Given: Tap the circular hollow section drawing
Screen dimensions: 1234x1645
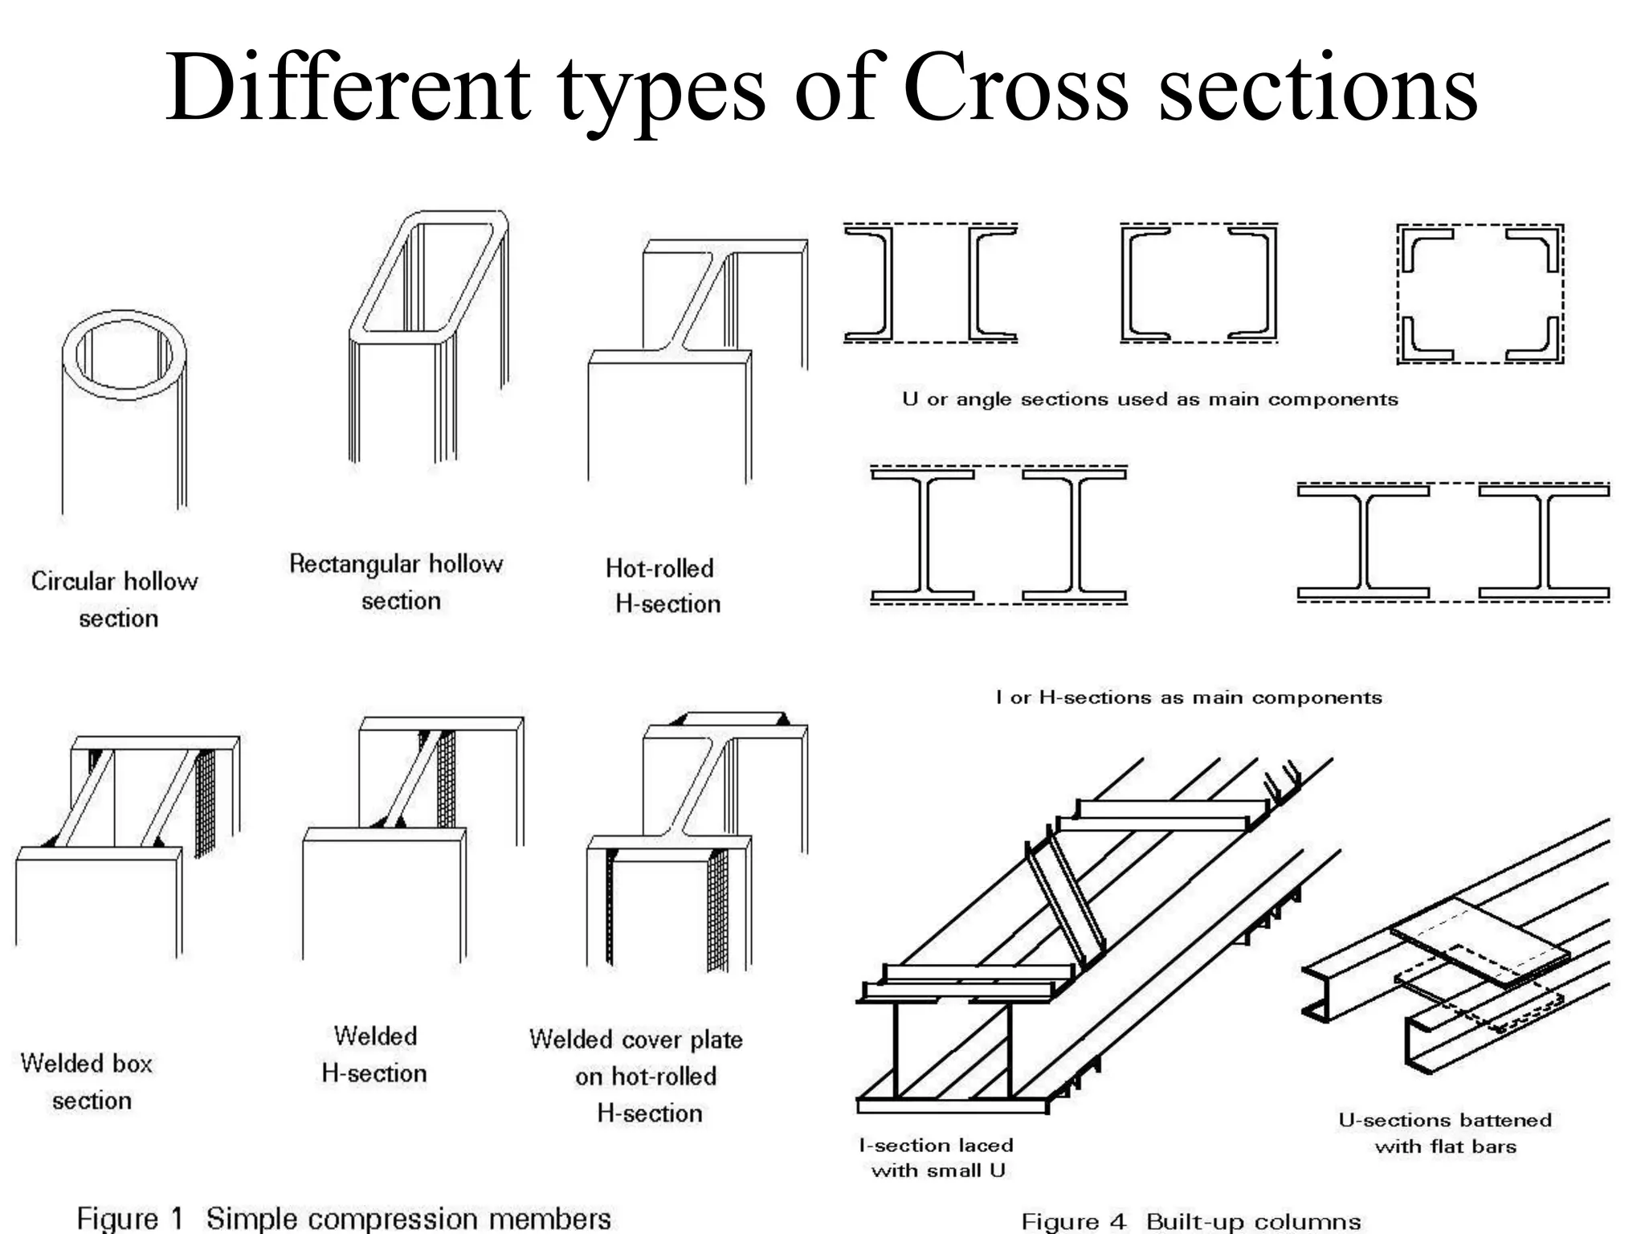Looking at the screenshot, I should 124,410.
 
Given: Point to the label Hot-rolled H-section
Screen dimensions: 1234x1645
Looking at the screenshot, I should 663,586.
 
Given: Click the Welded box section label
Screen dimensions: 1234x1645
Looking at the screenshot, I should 88,1081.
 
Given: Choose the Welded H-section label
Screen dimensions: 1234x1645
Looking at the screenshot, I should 374,1054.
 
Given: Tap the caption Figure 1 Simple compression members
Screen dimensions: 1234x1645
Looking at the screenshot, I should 344,1218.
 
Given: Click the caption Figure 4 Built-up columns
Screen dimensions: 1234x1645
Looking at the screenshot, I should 1190,1221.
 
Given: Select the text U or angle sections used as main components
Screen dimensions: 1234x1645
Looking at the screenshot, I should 1149,399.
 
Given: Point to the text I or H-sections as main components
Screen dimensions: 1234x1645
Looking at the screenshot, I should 1188,697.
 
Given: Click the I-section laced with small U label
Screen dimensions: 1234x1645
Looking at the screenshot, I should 937,1157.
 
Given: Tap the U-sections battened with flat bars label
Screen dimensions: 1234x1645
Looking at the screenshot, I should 1445,1133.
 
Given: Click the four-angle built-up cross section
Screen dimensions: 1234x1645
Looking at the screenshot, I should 1480,294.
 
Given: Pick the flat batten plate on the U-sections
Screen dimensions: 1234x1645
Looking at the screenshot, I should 1480,942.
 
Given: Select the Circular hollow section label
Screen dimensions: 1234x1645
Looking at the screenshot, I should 115,599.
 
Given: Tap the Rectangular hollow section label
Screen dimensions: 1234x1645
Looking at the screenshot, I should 397,582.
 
